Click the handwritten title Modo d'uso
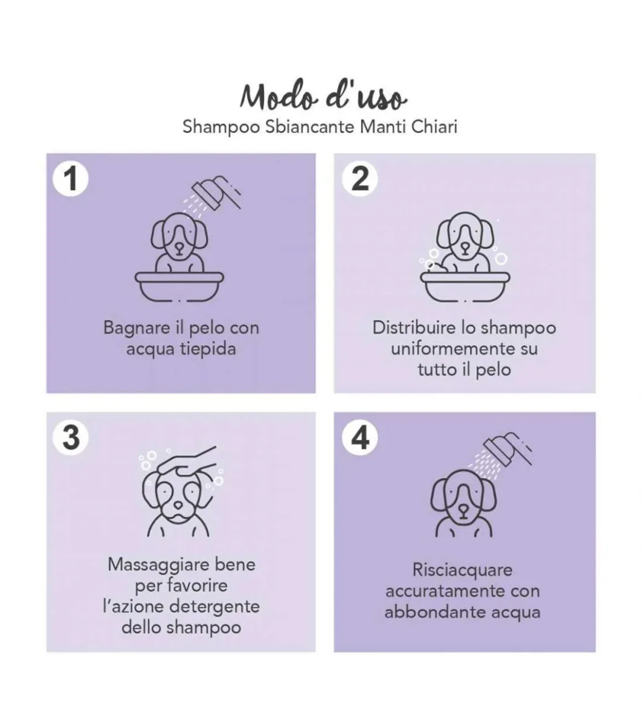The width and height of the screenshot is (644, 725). (x=323, y=96)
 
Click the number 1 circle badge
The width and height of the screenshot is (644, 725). (x=71, y=178)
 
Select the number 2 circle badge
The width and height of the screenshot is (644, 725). (x=359, y=178)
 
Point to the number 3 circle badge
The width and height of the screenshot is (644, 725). (x=71, y=437)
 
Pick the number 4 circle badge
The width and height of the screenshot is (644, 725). (x=359, y=437)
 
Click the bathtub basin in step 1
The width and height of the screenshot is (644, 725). (x=179, y=286)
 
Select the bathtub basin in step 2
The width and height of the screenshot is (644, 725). (x=465, y=286)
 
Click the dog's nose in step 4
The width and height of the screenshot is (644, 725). (x=463, y=509)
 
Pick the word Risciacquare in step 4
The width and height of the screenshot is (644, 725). (x=462, y=570)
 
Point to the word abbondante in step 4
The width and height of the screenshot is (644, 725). (x=435, y=612)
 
